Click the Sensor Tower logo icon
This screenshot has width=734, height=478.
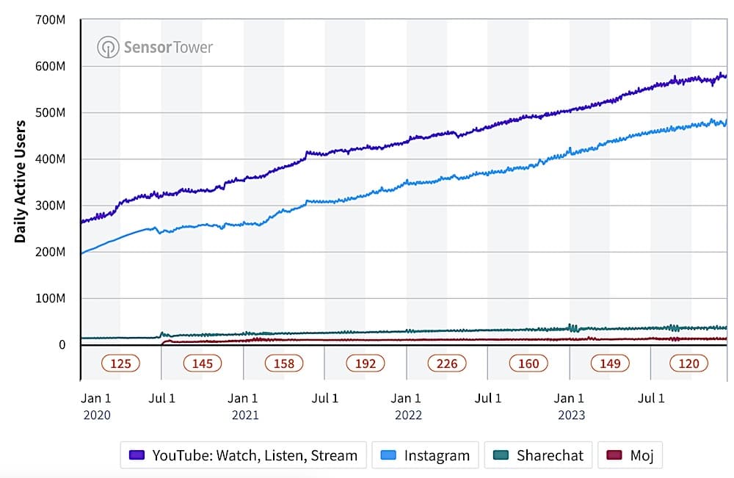[108, 48]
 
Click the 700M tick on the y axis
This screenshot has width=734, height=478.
[51, 20]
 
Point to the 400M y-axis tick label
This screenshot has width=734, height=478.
[51, 159]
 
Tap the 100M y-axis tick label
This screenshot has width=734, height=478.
[51, 299]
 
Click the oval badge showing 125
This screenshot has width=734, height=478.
[121, 363]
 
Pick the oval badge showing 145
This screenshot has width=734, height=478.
[203, 363]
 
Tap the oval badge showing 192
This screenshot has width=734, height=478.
[366, 363]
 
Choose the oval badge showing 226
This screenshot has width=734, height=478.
[447, 363]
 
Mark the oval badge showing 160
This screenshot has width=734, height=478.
[528, 363]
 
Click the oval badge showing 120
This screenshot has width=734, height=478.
[688, 363]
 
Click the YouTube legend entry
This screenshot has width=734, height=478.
[243, 455]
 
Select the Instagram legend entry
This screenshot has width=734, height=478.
[426, 455]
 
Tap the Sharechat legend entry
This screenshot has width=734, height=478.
[539, 455]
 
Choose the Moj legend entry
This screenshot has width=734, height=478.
[631, 455]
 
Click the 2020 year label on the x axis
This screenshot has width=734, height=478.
[97, 416]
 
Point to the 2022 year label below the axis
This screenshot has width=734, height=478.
[408, 416]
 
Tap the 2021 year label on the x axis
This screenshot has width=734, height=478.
[245, 416]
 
